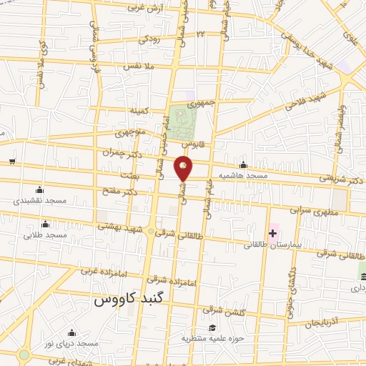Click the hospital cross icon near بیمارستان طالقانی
273,232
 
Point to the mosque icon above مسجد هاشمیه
244,165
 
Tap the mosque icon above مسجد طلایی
45,224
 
